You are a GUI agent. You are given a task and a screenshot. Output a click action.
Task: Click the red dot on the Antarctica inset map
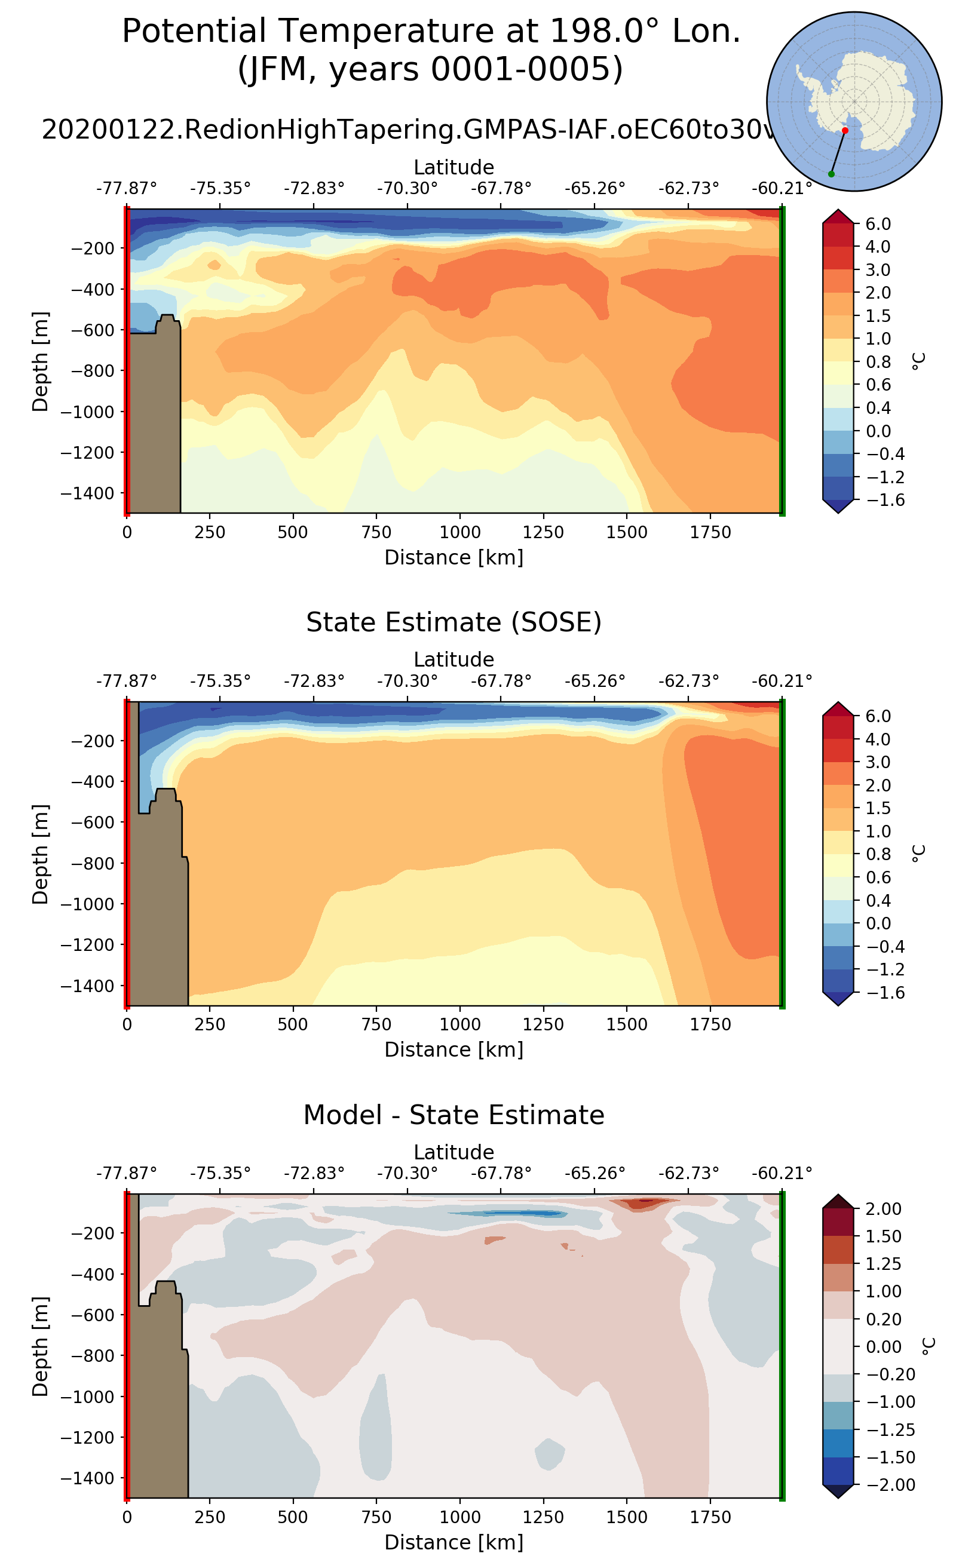[x=845, y=130]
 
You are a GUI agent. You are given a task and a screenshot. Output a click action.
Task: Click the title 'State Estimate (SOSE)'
[x=454, y=622]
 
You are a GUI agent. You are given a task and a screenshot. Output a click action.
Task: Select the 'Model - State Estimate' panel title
[x=454, y=1116]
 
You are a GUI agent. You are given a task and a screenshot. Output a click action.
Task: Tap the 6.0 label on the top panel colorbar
[x=878, y=224]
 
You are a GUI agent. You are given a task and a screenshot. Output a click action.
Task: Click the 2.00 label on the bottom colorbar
[x=883, y=1208]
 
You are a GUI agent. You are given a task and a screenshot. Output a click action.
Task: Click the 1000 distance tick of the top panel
[x=459, y=532]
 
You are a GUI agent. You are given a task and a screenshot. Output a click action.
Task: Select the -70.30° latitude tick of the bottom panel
[x=407, y=1173]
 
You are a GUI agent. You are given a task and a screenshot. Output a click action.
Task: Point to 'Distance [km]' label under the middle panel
[x=454, y=1050]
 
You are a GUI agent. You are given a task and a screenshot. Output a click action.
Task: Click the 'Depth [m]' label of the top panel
[x=41, y=361]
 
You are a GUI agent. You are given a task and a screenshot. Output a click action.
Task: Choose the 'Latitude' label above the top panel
[x=454, y=167]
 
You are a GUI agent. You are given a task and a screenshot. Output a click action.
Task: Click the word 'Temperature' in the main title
[x=377, y=32]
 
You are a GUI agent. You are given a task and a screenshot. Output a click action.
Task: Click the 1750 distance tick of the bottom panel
[x=710, y=1518]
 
